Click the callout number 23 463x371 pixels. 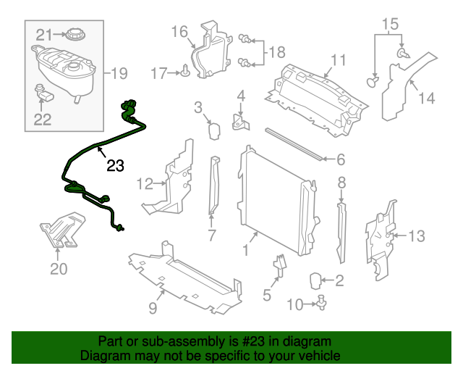click(x=115, y=167)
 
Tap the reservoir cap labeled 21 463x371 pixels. click(x=75, y=34)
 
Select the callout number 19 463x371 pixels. click(x=118, y=72)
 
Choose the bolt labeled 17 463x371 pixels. click(x=187, y=71)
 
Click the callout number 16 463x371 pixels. click(x=179, y=31)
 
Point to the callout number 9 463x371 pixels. click(x=153, y=308)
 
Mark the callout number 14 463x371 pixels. click(x=427, y=97)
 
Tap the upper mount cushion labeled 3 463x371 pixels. click(x=214, y=130)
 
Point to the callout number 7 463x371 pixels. click(x=212, y=235)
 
